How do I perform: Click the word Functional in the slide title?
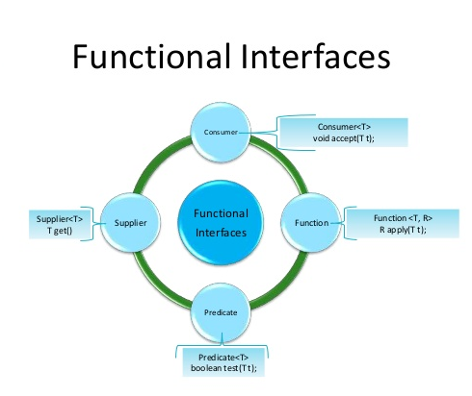point(152,57)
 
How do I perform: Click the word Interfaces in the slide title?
point(316,57)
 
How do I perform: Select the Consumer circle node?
point(221,132)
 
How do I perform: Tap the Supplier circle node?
point(130,223)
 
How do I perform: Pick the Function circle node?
point(311,223)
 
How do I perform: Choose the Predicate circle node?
point(221,312)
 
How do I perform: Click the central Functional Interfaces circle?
point(221,223)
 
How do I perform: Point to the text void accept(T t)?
point(344,138)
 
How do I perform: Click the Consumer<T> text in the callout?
point(344,127)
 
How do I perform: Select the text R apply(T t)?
point(403,230)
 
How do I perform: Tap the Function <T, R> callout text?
point(403,218)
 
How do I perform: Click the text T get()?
point(60,231)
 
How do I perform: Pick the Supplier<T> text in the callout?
point(60,219)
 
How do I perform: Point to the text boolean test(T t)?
point(223,368)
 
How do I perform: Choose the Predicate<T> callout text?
point(223,357)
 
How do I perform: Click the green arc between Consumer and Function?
point(283,161)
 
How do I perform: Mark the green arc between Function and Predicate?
point(282,285)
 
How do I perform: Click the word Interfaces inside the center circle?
point(221,233)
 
